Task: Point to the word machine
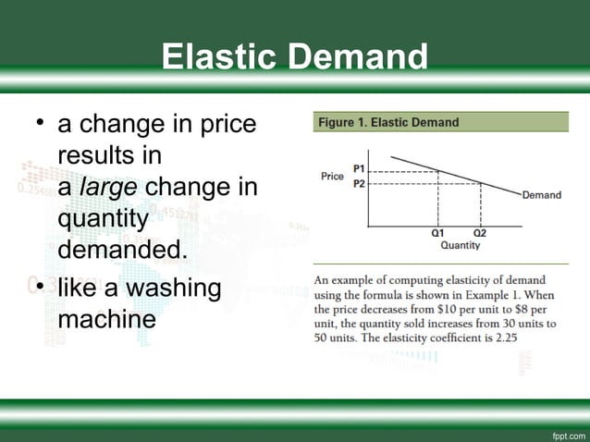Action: [105, 320]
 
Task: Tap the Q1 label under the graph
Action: [437, 232]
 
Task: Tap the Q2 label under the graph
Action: [479, 232]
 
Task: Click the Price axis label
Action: [332, 177]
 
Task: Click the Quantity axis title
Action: [460, 245]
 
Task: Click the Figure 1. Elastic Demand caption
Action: [388, 122]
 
